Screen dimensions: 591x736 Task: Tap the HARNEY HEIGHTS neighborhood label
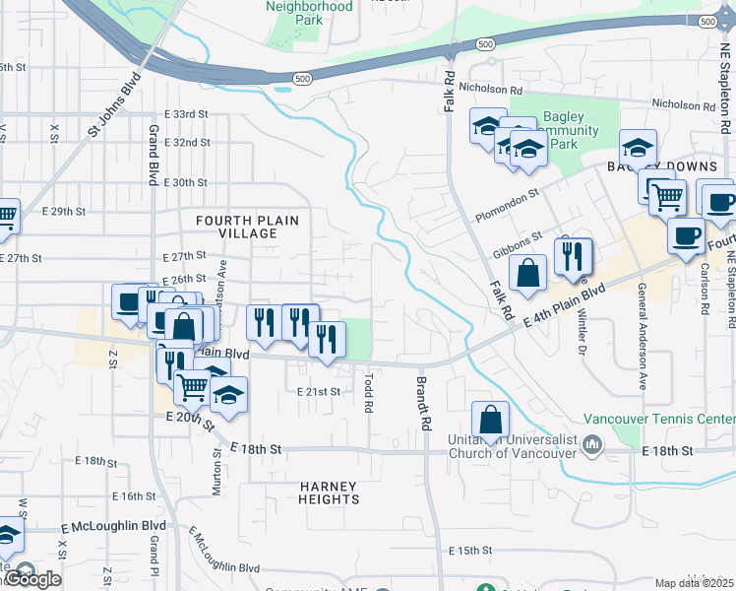pyautogui.click(x=329, y=492)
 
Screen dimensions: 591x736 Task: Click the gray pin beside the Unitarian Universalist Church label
pyautogui.click(x=592, y=446)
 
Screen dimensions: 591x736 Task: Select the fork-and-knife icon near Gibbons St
pyautogui.click(x=573, y=257)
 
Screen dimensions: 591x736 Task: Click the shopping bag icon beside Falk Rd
pyautogui.click(x=528, y=275)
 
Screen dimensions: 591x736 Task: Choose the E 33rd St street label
pyautogui.click(x=186, y=114)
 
